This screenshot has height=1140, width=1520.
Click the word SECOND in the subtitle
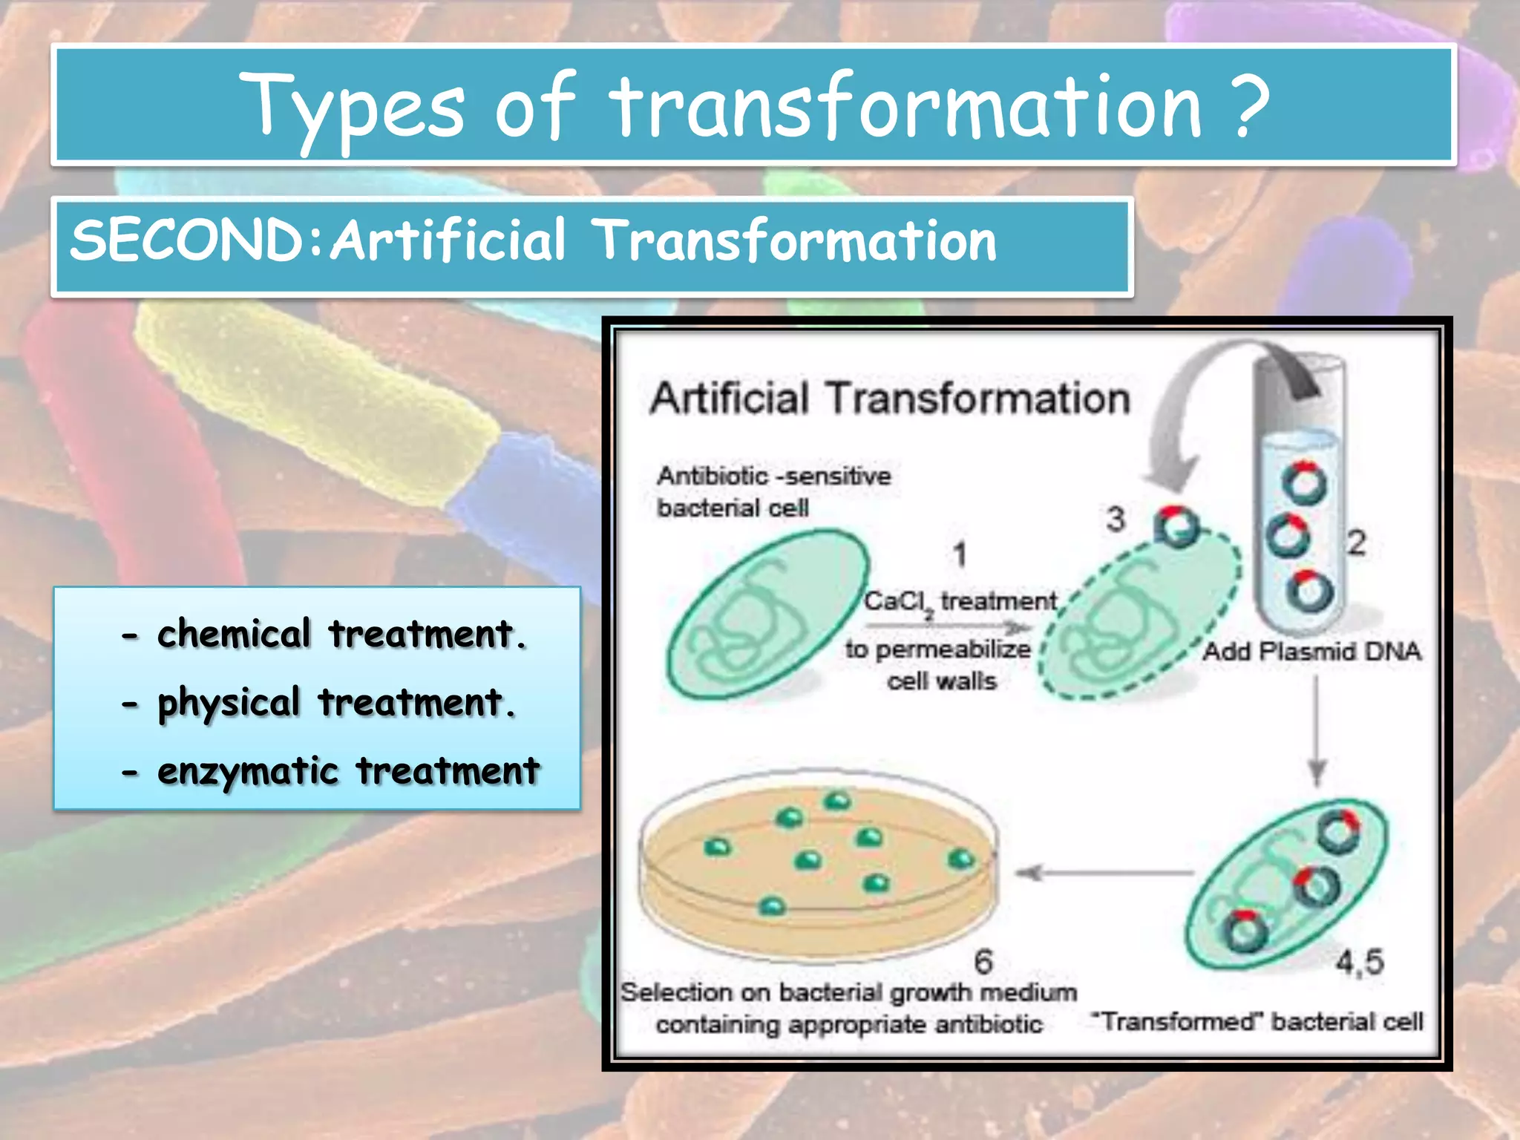187,241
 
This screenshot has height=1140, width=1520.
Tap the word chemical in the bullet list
233,635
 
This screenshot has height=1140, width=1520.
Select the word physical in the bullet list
229,704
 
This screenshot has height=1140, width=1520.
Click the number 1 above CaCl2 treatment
960,554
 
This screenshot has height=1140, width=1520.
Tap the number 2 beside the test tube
1356,543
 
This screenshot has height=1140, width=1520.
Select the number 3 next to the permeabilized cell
1116,519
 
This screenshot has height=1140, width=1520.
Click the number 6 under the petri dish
983,962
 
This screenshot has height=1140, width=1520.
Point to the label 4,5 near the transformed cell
1360,963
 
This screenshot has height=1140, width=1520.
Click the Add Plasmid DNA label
1311,652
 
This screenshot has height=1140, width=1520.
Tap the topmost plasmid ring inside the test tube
1304,483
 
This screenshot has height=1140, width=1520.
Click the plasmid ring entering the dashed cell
1176,527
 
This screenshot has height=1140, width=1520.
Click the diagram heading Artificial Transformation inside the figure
889,399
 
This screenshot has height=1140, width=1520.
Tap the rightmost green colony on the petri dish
960,859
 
